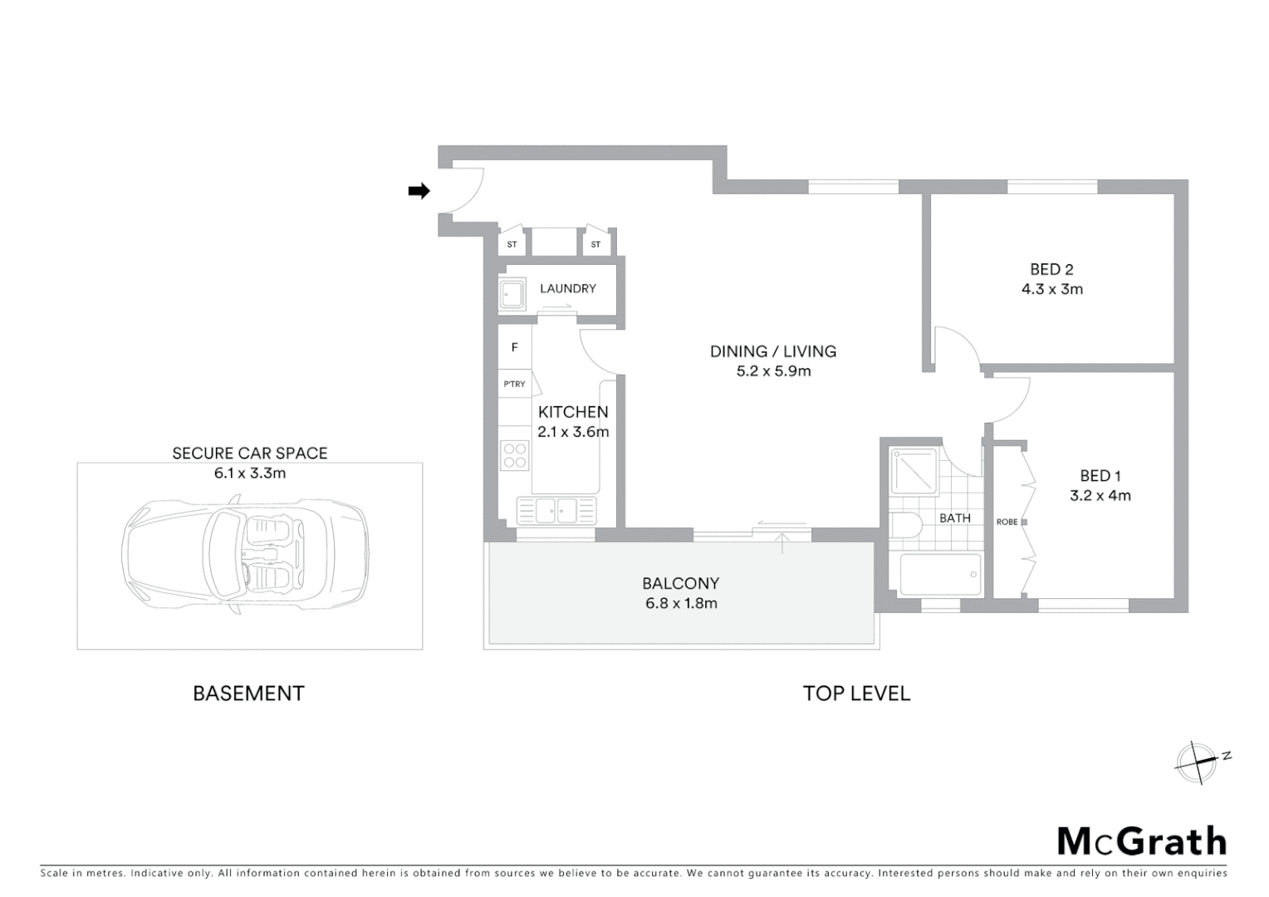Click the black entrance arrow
(x=419, y=191)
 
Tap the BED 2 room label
(x=1051, y=269)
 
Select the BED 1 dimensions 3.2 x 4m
(x=1100, y=496)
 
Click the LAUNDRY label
(x=568, y=288)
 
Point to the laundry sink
(x=512, y=294)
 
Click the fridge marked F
(x=515, y=347)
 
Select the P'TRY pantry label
(x=515, y=384)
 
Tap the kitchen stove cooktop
(x=515, y=455)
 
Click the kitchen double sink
(x=556, y=510)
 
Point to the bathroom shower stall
(x=914, y=472)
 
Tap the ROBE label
(x=1007, y=522)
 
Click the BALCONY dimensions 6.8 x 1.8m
(x=681, y=604)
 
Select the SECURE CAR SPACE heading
(x=249, y=453)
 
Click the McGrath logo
(x=1142, y=841)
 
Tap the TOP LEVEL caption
(x=856, y=694)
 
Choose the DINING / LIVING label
(x=772, y=351)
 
